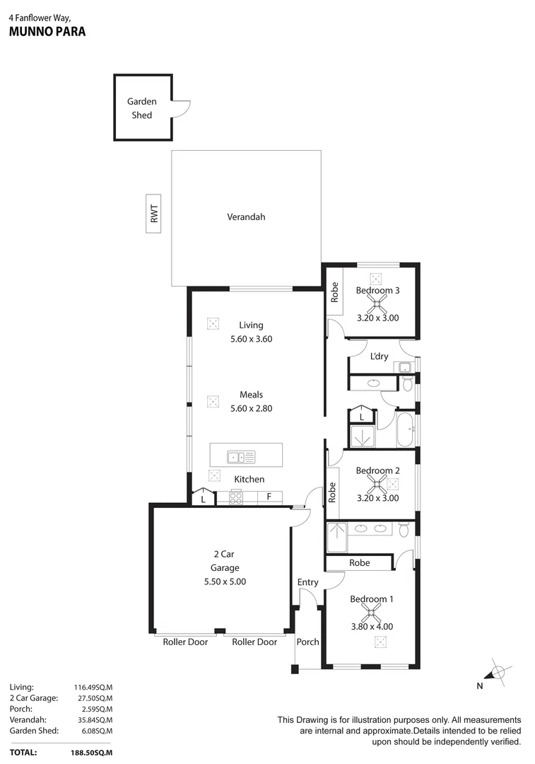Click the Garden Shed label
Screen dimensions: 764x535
point(142,108)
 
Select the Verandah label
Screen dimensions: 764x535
point(246,217)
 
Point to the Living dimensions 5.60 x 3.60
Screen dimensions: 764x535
point(251,339)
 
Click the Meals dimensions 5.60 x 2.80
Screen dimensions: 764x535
point(251,408)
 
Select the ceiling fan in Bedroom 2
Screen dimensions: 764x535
point(377,485)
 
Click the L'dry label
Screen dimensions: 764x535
point(380,357)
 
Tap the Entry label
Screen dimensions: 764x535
point(307,582)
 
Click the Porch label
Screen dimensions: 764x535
point(307,642)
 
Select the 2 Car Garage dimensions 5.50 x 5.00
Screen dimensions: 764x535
point(224,581)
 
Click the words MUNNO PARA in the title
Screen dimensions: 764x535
point(47,32)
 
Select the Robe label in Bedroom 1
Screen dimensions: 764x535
point(359,563)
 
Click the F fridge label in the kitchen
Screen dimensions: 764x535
point(269,497)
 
